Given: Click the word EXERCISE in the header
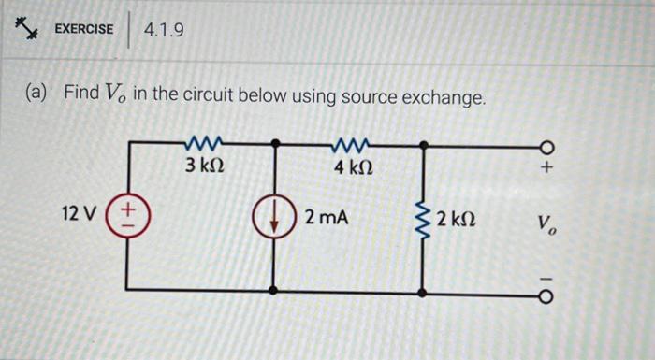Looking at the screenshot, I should click(x=83, y=29).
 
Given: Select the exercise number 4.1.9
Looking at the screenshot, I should click(x=164, y=31).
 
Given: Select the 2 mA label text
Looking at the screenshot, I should click(x=326, y=217).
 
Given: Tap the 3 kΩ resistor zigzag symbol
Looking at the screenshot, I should click(x=203, y=143).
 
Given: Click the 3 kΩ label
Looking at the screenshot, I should click(x=203, y=166).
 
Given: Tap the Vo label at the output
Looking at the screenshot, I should click(x=546, y=224).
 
